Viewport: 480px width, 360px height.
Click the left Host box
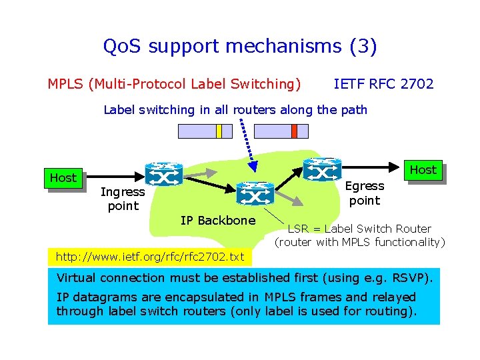(63, 178)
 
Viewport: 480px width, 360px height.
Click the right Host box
(423, 170)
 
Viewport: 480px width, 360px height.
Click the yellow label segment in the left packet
(219, 131)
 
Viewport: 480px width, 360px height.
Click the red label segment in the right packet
(294, 131)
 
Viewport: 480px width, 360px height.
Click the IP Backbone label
(218, 221)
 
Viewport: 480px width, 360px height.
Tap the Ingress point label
(123, 199)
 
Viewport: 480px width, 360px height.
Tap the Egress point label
(365, 193)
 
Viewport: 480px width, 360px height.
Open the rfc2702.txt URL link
(150, 257)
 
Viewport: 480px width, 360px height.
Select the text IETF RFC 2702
(383, 84)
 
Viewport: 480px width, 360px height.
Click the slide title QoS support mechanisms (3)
(240, 47)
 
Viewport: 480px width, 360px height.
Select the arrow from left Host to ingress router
(113, 177)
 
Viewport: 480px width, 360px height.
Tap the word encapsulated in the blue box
(190, 297)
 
